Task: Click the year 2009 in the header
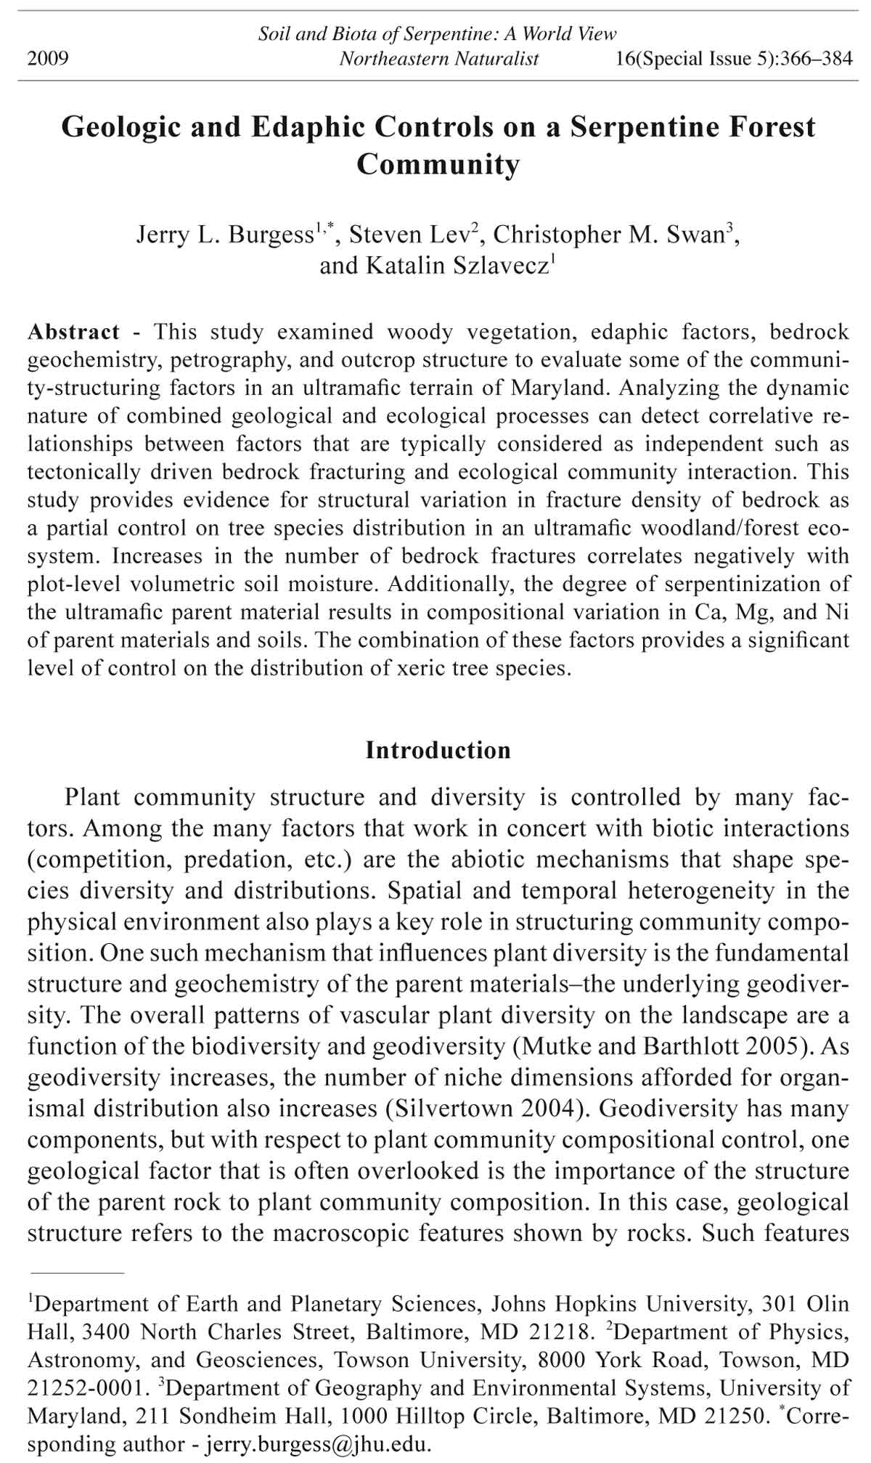[48, 59]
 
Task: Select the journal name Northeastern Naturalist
[438, 59]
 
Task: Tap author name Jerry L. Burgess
[224, 235]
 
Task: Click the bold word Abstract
[73, 333]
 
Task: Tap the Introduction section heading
[438, 750]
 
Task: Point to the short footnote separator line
[76, 1273]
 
